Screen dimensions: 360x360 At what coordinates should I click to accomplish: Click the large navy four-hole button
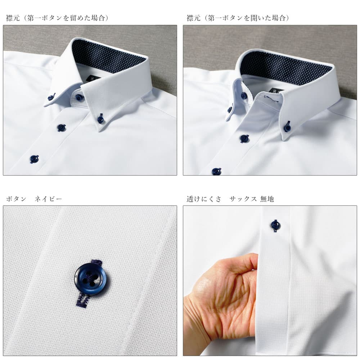click(91, 277)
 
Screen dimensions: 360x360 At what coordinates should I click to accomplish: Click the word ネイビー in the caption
click(49, 199)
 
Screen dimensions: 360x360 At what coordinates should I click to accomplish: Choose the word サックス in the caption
click(243, 199)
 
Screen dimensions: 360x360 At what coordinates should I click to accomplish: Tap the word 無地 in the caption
click(267, 199)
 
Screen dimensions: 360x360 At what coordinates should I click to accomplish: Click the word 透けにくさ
click(204, 199)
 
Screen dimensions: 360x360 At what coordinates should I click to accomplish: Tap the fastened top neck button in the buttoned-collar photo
click(79, 97)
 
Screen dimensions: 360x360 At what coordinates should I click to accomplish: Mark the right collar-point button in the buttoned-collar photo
click(100, 118)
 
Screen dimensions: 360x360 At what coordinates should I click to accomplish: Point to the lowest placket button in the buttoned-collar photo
click(34, 159)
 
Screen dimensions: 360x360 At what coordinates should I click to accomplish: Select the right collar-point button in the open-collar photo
click(287, 127)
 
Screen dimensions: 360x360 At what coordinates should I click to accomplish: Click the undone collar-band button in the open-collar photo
click(244, 95)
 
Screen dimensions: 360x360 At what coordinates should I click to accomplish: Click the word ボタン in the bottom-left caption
click(16, 199)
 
